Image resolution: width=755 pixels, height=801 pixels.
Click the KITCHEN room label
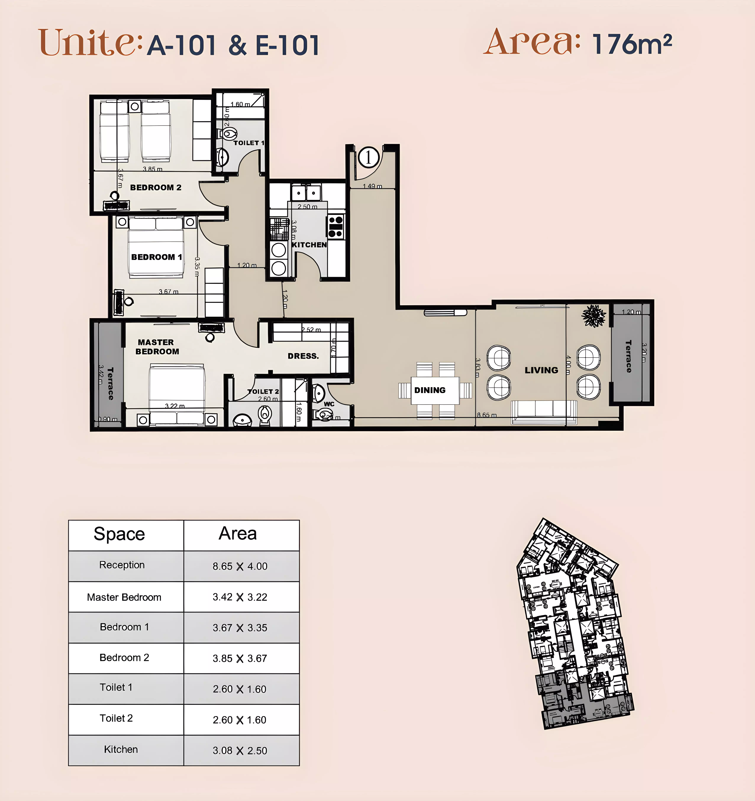(309, 245)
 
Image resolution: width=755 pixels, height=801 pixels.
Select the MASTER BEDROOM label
(157, 347)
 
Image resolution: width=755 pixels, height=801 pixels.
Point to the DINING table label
(430, 390)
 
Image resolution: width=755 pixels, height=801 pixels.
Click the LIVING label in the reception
(541, 370)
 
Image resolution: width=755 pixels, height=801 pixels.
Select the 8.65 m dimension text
(487, 415)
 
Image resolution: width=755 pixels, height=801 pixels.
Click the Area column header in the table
(237, 534)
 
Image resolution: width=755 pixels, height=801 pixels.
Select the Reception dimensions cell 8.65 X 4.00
(240, 566)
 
